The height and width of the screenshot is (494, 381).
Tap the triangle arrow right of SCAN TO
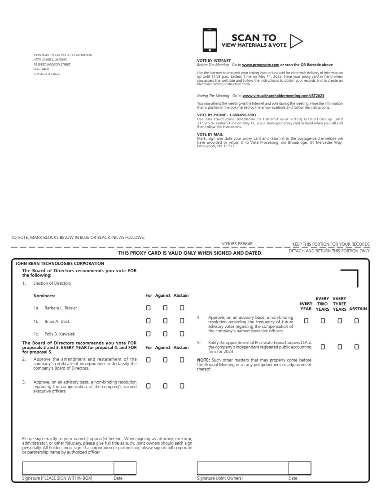click(296, 41)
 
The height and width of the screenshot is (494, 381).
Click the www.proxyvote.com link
click(261, 65)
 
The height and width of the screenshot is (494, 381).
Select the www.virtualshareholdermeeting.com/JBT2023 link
click(283, 96)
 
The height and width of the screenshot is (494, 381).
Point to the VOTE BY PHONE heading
click(226, 115)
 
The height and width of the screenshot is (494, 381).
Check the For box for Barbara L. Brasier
click(148, 308)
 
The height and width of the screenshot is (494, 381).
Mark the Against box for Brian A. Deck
click(165, 321)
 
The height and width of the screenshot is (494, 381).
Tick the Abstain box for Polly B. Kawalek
click(182, 334)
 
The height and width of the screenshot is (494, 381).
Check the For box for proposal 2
click(148, 360)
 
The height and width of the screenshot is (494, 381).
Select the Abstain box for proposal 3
click(182, 385)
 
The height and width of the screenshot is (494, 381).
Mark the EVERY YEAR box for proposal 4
click(306, 321)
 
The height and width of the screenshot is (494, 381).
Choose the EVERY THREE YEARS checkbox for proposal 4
click(340, 321)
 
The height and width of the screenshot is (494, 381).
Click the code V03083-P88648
click(237, 244)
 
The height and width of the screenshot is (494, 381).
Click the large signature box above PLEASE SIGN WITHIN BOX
click(68, 468)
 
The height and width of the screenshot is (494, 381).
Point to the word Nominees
click(44, 296)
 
